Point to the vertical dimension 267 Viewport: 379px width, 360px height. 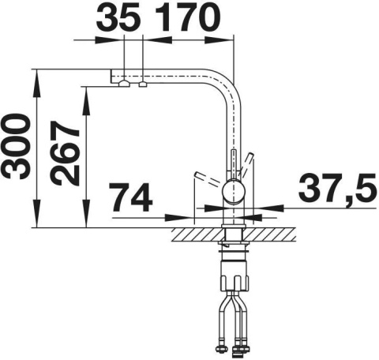(x=66, y=153)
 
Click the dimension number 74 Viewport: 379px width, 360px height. (x=131, y=197)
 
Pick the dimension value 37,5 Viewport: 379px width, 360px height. (x=338, y=187)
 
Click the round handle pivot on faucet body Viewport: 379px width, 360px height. (x=234, y=191)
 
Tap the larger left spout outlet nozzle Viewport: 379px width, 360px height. (x=124, y=84)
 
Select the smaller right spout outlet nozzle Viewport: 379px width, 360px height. (x=143, y=84)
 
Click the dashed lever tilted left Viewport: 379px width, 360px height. (x=207, y=178)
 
